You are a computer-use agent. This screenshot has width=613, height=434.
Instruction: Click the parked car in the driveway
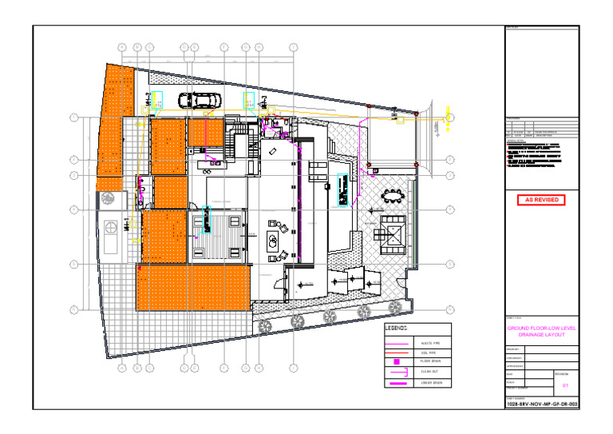pos(198,101)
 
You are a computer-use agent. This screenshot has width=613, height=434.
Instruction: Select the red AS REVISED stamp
pos(541,200)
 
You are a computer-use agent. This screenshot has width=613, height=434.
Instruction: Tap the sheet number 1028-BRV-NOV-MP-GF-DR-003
pos(542,405)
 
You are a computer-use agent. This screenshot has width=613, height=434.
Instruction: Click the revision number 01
pos(565,386)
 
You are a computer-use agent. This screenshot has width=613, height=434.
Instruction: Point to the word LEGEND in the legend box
pos(397,328)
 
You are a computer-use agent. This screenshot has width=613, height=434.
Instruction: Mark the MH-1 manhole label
pos(127,225)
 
